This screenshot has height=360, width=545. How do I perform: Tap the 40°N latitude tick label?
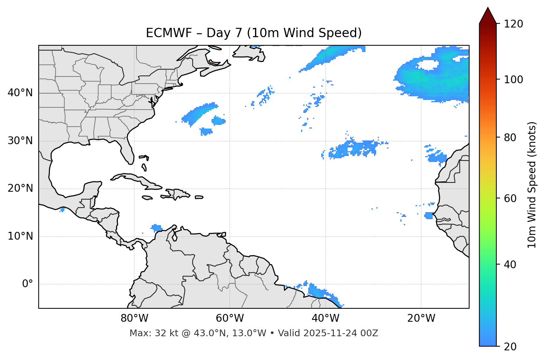pyautogui.click(x=20, y=93)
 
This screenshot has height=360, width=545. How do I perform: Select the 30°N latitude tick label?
pyautogui.click(x=20, y=141)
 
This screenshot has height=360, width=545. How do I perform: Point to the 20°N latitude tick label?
pyautogui.click(x=20, y=188)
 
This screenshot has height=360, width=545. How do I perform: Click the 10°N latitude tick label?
pyautogui.click(x=20, y=236)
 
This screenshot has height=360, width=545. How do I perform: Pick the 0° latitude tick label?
pyautogui.click(x=28, y=284)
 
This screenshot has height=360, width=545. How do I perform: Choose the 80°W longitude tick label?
pyautogui.click(x=134, y=318)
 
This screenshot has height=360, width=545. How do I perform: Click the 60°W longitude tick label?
pyautogui.click(x=230, y=318)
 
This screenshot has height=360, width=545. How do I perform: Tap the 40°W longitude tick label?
pyautogui.click(x=325, y=318)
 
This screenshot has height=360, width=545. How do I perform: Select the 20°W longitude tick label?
pyautogui.click(x=421, y=318)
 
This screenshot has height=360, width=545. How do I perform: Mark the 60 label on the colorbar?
pyautogui.click(x=510, y=198)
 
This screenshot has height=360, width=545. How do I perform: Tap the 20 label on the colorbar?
pyautogui.click(x=510, y=346)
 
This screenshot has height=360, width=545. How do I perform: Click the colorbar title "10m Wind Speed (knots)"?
pyautogui.click(x=532, y=185)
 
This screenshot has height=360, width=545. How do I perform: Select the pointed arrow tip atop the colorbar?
pyautogui.click(x=488, y=10)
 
